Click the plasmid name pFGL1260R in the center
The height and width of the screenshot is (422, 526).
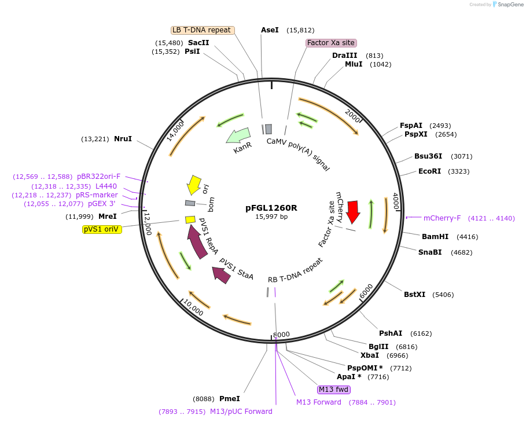pos(271,208)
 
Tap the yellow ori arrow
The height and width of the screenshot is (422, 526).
pos(194,185)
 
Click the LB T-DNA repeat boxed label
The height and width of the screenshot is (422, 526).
pos(203,30)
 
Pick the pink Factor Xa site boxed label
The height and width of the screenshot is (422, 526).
pos(331,43)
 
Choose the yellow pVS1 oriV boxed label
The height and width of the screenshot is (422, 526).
pos(102,229)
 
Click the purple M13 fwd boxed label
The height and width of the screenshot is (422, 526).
pos(334,389)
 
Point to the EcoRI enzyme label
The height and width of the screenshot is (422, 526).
pos(429,171)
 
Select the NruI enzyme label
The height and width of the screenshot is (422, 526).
pos(123,139)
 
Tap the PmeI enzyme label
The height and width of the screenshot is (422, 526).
pos(229,399)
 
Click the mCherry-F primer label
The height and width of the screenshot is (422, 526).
pos(442,218)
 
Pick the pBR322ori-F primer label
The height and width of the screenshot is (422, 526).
pos(99,177)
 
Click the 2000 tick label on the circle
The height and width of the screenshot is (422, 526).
pos(352,116)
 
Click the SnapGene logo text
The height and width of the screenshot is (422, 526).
pos(510,5)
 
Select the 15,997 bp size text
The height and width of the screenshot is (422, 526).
pos(271,217)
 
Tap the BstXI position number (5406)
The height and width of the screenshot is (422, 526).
pos(442,295)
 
